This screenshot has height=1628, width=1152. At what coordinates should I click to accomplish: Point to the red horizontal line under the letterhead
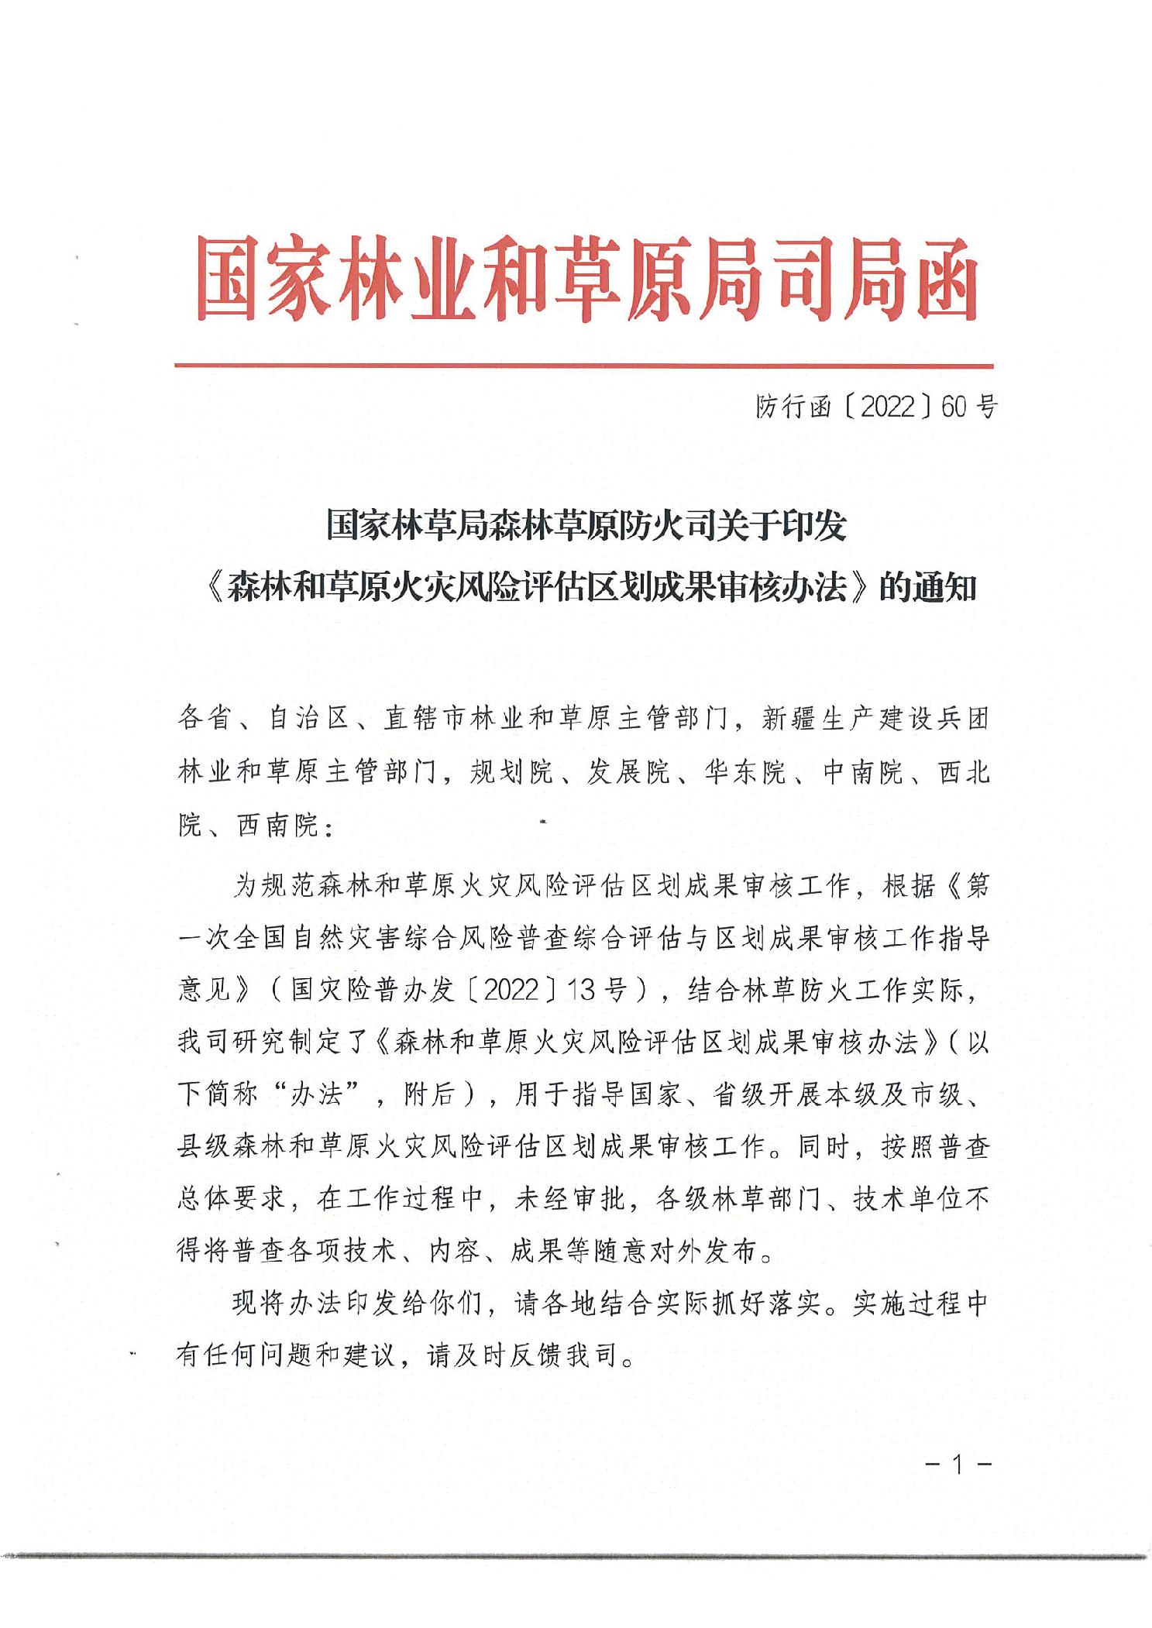(583, 366)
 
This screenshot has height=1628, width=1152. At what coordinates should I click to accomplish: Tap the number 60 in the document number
(954, 406)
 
